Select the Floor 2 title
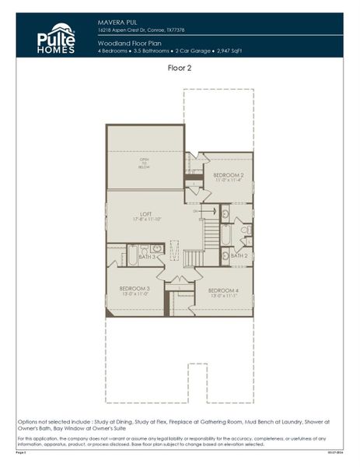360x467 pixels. [x=180, y=68]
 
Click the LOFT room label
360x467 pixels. [x=145, y=213]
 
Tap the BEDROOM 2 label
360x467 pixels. [x=229, y=175]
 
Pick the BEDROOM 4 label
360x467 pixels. [x=224, y=290]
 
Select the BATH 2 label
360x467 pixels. [x=239, y=255]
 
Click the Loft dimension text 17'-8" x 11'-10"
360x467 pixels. [x=145, y=219]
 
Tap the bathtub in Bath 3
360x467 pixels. [x=133, y=255]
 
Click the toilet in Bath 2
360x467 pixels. [x=243, y=230]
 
